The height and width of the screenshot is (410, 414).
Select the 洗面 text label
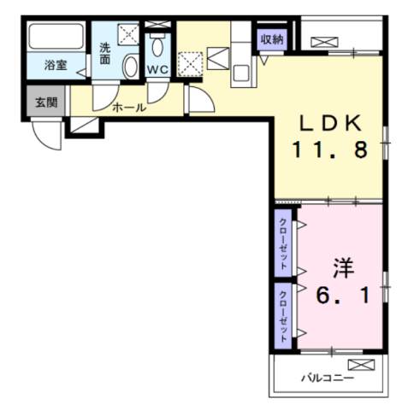tap(104, 54)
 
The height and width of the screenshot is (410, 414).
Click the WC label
tap(157, 69)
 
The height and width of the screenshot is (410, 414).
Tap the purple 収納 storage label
tap(271, 39)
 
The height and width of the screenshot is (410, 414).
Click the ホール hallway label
tap(129, 108)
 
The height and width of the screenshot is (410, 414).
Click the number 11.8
tap(330, 150)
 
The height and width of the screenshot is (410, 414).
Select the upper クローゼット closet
tap(283, 243)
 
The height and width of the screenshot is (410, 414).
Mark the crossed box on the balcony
tap(362, 366)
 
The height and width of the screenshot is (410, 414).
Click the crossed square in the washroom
tap(128, 33)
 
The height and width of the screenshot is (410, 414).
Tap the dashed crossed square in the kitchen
tap(190, 61)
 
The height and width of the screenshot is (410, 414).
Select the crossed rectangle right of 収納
tap(322, 41)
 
